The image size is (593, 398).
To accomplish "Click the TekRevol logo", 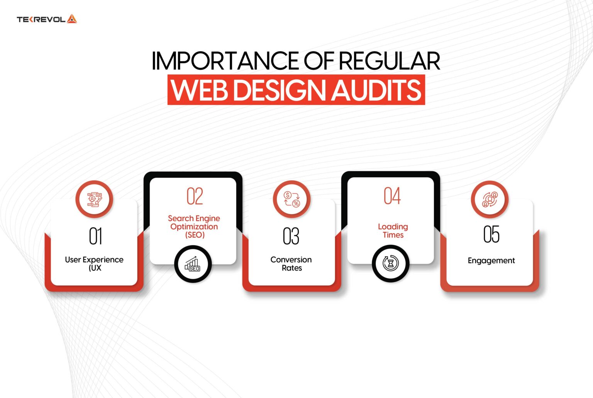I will click(x=47, y=19).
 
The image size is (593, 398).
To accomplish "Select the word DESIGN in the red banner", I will click(x=281, y=90).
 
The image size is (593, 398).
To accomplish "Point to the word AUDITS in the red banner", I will click(x=376, y=90).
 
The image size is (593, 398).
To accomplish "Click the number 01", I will click(x=95, y=236).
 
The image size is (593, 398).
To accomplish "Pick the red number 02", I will click(x=195, y=196).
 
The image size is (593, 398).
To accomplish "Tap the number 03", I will click(x=291, y=236).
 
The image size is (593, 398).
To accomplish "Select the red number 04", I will click(x=392, y=196).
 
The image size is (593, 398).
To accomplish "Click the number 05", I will click(x=491, y=234).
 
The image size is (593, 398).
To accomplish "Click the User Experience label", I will click(x=94, y=264).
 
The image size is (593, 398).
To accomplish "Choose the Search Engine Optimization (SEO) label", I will click(x=194, y=227).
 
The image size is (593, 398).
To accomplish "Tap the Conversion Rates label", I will click(x=291, y=264).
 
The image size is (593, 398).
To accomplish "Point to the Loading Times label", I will click(x=393, y=230).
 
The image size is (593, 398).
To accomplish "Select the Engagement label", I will click(x=491, y=261).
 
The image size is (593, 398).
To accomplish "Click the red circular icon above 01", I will click(x=94, y=199).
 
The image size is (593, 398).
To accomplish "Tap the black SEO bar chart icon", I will click(x=193, y=264).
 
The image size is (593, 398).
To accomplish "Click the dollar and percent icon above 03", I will click(x=291, y=199).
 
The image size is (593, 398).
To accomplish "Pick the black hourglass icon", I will click(x=391, y=264).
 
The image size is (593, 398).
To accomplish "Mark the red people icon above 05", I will click(x=490, y=200).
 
